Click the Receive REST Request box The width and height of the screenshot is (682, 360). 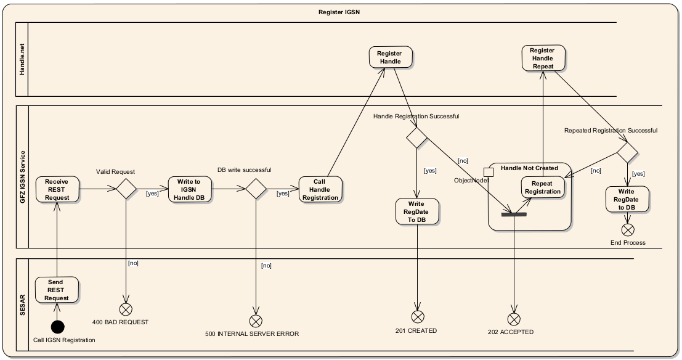[56, 189]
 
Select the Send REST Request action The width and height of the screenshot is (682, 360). [56, 290]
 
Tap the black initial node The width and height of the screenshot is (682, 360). [57, 327]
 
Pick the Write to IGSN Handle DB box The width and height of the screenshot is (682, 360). [189, 189]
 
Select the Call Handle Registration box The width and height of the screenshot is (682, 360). [319, 189]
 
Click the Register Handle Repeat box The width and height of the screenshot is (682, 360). [542, 58]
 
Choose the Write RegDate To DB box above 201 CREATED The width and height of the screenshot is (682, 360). [416, 211]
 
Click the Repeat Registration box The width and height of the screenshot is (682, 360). [543, 187]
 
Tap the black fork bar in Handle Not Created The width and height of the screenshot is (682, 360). [514, 215]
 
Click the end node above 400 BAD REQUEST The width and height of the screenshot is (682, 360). [126, 309]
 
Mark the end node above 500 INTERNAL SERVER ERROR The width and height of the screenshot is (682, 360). [255, 321]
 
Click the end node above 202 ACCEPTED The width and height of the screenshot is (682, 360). [514, 319]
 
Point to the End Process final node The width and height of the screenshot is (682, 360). [628, 230]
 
